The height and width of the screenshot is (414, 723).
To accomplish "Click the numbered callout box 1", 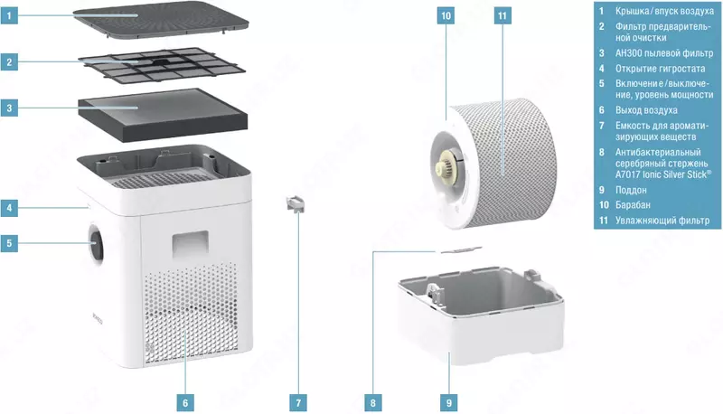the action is point(9,15).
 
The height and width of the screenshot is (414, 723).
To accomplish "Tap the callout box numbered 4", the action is point(9,208).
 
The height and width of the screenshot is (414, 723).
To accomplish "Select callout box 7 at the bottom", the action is point(298,403).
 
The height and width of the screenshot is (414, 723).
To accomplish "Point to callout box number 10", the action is point(446,15).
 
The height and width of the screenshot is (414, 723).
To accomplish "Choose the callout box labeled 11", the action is point(502,15).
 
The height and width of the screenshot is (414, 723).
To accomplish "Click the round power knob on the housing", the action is point(97,243).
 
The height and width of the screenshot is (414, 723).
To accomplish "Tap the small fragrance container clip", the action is point(296,203).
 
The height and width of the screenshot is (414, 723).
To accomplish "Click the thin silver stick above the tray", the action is point(461,249).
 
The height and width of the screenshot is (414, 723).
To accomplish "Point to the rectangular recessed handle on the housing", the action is point(191,244).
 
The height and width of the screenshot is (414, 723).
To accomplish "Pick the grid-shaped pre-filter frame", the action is point(162,66).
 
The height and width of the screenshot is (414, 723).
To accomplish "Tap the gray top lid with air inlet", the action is point(161,20).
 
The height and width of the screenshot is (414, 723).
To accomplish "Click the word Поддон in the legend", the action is point(631,190).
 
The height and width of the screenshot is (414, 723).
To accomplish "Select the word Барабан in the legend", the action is point(633,204).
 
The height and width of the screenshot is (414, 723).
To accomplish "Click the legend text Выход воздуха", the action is point(646,110).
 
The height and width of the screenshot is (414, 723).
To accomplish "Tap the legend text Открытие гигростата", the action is point(661,69).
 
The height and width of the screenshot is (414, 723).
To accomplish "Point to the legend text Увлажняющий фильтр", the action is point(662,221).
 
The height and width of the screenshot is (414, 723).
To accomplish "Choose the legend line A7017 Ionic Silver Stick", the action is point(663,174).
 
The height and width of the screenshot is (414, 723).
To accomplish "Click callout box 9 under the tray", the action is point(449,403).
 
